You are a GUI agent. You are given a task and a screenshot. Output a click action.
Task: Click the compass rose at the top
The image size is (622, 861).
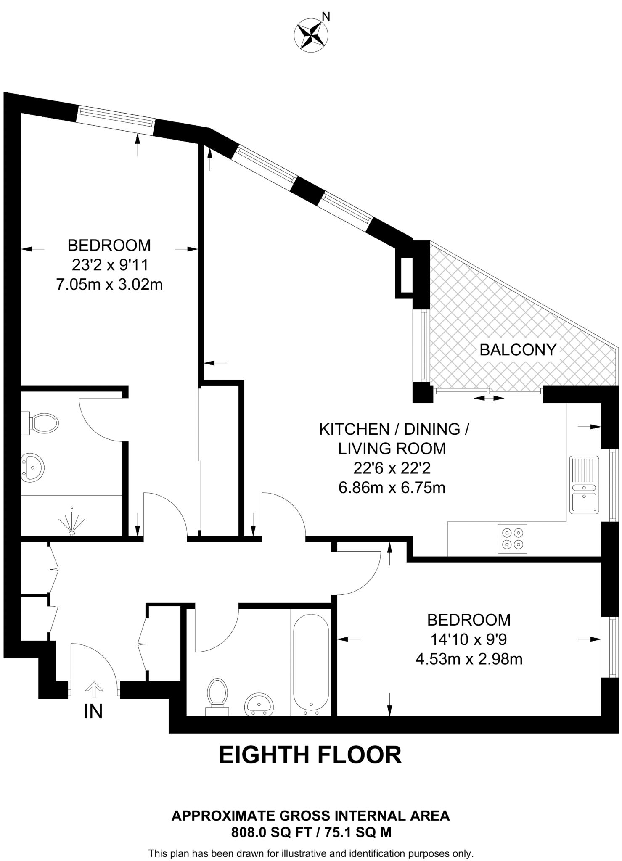pyautogui.click(x=311, y=36)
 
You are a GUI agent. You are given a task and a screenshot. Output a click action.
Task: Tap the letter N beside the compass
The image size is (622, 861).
pyautogui.click(x=326, y=16)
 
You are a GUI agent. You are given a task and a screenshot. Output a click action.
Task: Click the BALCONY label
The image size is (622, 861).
pyautogui.click(x=518, y=350)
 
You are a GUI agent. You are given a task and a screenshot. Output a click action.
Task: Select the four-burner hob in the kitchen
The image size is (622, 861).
pyautogui.click(x=512, y=539)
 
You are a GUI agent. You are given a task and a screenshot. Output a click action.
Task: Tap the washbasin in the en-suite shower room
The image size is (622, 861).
pyautogui.click(x=33, y=467)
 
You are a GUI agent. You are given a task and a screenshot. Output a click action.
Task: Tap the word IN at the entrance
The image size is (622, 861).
pyautogui.click(x=93, y=712)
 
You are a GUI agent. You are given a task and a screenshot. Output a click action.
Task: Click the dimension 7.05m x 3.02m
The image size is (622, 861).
pyautogui.click(x=109, y=285)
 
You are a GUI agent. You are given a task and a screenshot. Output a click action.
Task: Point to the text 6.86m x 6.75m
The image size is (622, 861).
pyautogui.click(x=392, y=488)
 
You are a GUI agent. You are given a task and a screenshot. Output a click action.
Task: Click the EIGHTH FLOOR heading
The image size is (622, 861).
pyautogui.click(x=310, y=755)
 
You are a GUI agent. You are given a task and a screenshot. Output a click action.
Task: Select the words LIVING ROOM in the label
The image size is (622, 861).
pyautogui.click(x=392, y=449)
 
